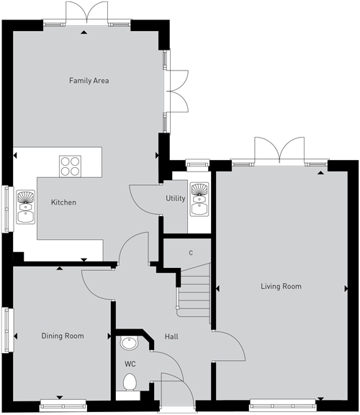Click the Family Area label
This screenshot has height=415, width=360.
click(x=89, y=81)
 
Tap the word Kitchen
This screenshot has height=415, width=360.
click(x=63, y=202)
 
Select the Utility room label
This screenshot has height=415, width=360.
click(x=176, y=198)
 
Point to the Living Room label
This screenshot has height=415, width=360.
click(x=281, y=286)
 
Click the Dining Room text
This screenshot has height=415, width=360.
click(x=63, y=336)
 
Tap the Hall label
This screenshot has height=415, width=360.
click(x=171, y=336)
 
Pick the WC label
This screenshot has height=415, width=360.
click(x=130, y=364)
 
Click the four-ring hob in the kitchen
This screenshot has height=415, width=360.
click(x=70, y=166)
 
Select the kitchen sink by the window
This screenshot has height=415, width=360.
click(x=25, y=207)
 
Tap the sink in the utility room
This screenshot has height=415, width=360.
click(x=199, y=200)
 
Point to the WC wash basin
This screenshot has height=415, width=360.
click(x=130, y=343)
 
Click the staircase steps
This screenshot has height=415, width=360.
click(x=194, y=293)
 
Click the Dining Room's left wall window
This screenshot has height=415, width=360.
click(x=8, y=330)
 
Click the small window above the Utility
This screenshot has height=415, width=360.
click(x=197, y=164)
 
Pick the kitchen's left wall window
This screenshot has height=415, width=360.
click(x=8, y=209)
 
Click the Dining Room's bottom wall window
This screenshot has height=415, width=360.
click(x=63, y=406)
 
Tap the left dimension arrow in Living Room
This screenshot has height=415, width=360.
click(x=217, y=288)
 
